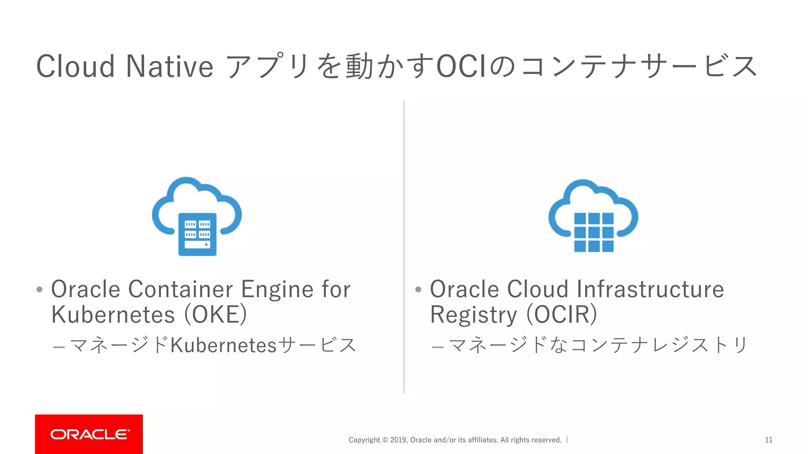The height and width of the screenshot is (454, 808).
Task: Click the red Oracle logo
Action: (89, 434)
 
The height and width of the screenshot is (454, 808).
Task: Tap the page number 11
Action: (769, 440)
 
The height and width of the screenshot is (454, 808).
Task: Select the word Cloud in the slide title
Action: (75, 66)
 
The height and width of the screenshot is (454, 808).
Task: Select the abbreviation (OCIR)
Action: (561, 314)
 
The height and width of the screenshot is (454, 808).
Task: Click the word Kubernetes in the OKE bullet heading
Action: (113, 314)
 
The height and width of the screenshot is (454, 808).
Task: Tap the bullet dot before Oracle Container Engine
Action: (39, 290)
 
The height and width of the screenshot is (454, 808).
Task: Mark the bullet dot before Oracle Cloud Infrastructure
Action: (418, 290)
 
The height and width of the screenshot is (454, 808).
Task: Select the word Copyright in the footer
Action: (364, 440)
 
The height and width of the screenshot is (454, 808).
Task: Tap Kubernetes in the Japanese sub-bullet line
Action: (224, 345)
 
